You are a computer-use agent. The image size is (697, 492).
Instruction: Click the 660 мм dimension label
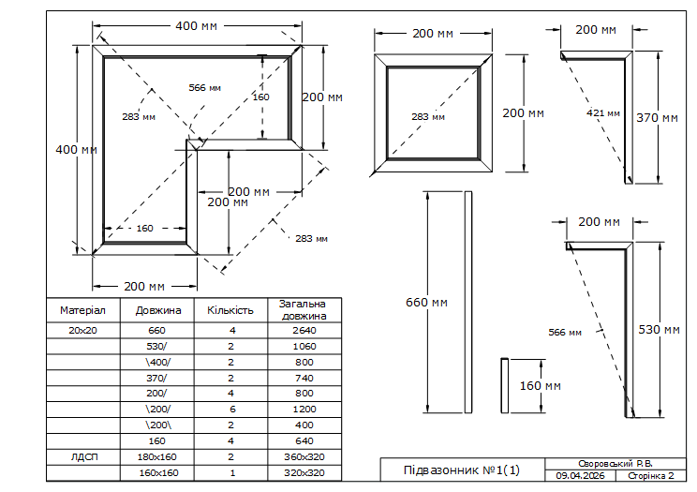426,303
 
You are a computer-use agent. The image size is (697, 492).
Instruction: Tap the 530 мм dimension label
660,330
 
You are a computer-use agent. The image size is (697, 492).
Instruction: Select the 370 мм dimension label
657,118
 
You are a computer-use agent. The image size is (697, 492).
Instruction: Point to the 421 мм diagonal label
602,113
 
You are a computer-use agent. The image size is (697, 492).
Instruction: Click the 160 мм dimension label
541,386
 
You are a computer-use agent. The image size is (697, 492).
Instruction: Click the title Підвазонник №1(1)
462,470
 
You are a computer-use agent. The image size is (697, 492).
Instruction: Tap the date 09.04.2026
580,475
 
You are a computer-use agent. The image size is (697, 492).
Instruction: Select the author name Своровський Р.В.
615,464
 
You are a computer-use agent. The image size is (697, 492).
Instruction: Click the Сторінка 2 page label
651,475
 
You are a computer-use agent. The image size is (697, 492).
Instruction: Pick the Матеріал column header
82,310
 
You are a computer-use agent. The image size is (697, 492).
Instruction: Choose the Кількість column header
230,310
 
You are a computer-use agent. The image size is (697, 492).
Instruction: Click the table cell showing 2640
304,331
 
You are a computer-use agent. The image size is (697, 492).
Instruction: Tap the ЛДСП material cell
84,457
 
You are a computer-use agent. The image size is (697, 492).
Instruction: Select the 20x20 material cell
82,331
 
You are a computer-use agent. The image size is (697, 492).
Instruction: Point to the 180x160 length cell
156,457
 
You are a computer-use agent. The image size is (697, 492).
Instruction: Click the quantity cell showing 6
232,410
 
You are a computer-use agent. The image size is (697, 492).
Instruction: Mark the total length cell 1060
304,347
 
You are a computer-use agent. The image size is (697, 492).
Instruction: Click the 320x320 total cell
304,473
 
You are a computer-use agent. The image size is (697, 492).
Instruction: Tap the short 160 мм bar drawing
505,385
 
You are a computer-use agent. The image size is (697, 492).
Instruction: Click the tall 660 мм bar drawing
468,303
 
